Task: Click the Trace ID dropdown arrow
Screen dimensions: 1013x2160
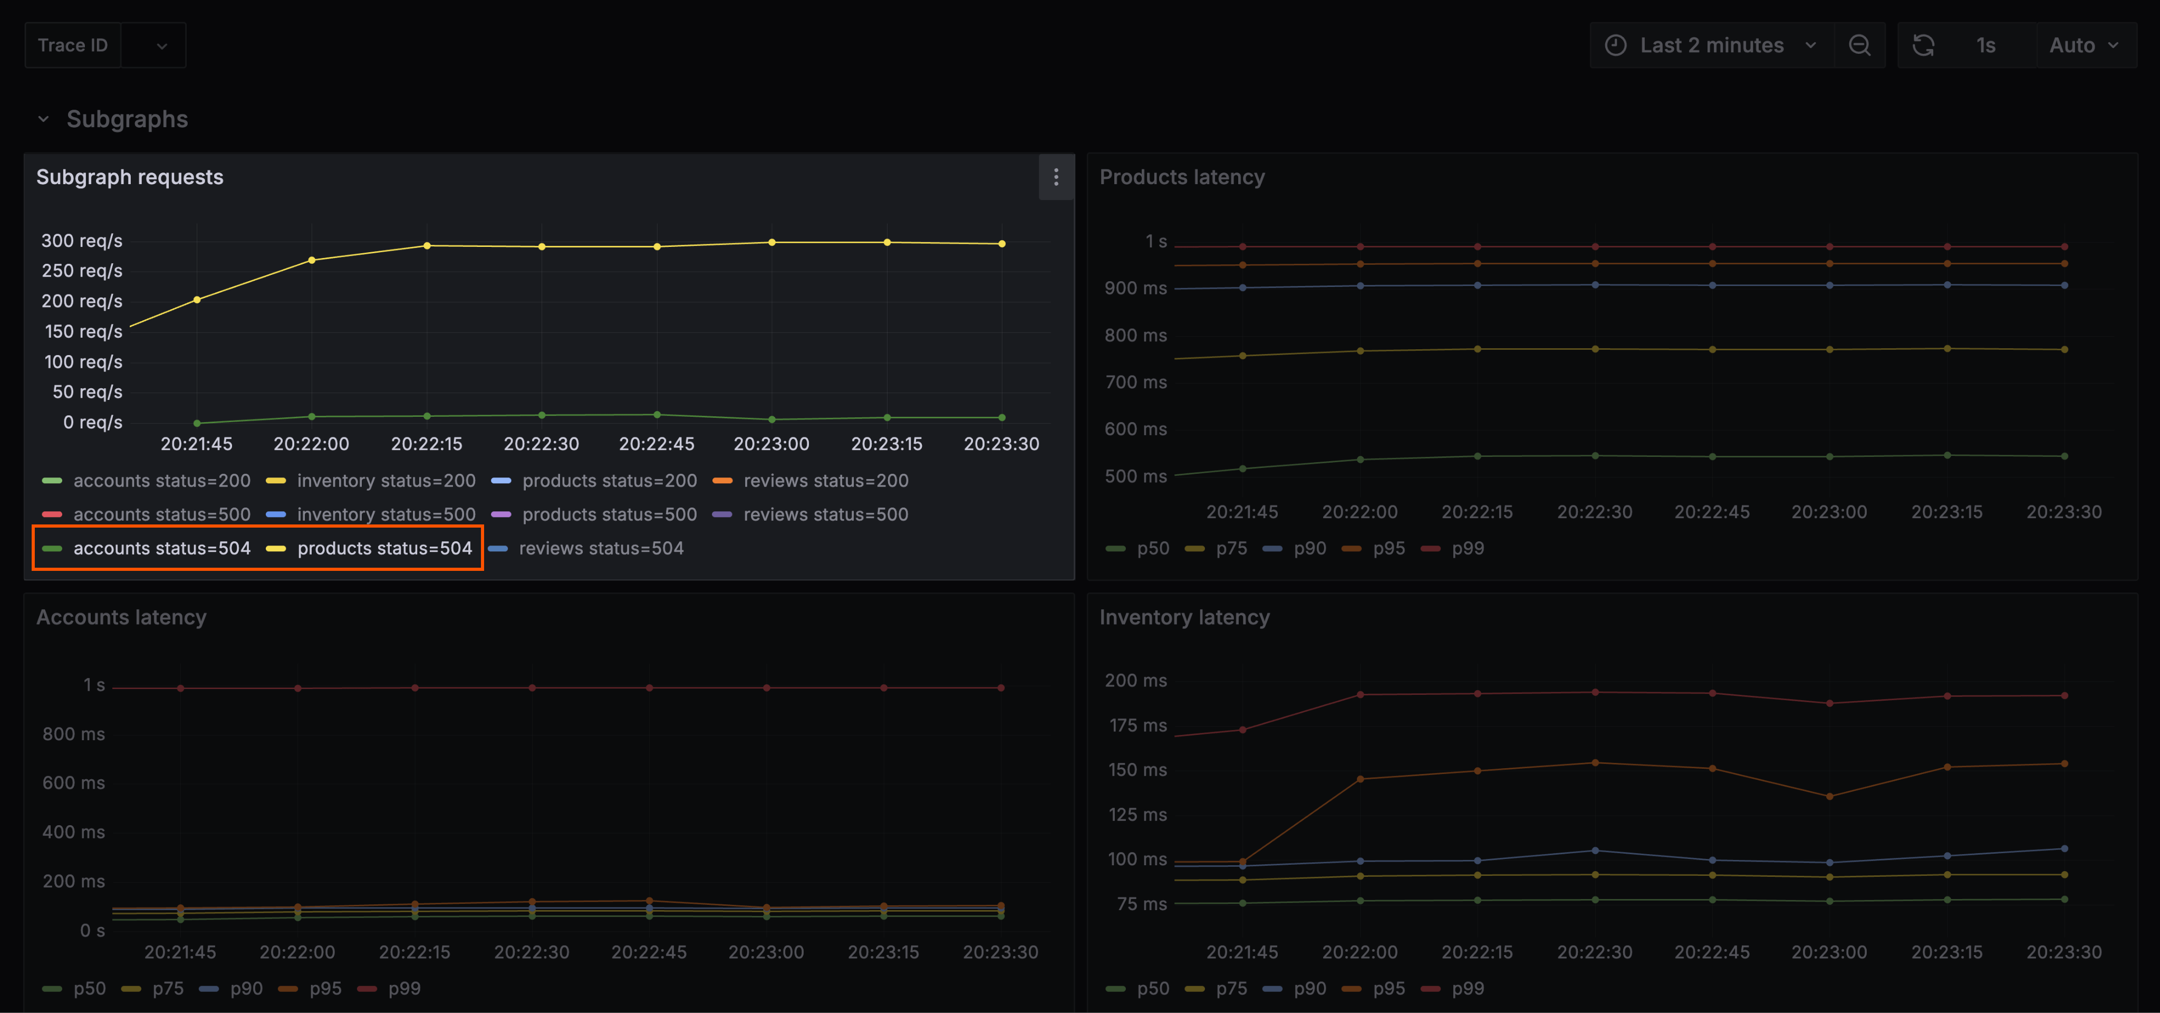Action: pos(162,46)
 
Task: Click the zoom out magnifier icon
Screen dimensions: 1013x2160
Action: pos(1859,45)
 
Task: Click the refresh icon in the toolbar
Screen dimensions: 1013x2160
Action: pos(1923,45)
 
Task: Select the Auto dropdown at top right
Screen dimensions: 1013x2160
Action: pos(2083,45)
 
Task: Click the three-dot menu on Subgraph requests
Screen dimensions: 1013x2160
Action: pos(1056,177)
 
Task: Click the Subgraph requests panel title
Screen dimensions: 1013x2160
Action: pos(130,177)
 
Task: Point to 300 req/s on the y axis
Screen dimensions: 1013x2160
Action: pos(82,241)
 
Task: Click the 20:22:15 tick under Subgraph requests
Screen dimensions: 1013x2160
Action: pos(426,444)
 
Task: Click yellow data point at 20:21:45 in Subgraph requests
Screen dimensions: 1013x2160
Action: pos(197,299)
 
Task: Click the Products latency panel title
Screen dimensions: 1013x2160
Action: pos(1181,177)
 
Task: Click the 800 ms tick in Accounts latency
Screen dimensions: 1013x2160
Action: pos(74,734)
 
